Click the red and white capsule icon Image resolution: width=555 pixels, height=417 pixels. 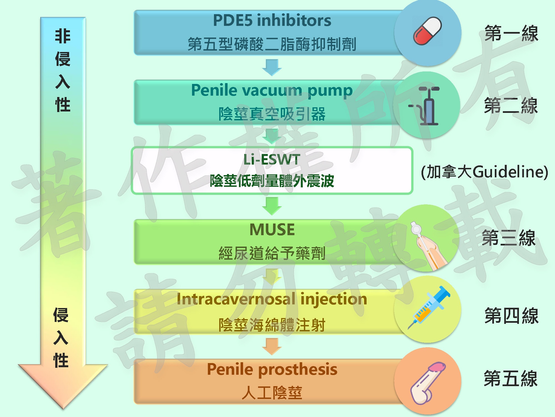point(427,31)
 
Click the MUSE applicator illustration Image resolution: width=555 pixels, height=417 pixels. point(427,245)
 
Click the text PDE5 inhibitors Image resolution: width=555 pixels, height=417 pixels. point(272,20)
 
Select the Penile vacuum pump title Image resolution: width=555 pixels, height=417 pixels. point(272,90)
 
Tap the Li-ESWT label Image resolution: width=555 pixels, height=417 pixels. point(272,160)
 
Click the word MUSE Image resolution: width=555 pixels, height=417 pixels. point(272,230)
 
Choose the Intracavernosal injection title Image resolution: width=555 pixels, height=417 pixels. point(272,299)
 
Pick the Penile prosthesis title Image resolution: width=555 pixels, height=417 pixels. point(272,369)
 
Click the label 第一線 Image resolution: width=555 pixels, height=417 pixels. point(511,33)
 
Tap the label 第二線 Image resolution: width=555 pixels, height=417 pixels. point(511,106)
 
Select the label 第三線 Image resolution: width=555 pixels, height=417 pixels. point(508,238)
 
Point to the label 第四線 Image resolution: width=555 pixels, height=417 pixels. point(511,316)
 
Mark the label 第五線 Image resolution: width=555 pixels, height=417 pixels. point(511,379)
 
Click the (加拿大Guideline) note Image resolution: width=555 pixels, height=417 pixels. point(484,172)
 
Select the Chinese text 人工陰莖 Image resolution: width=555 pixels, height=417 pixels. point(272,393)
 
